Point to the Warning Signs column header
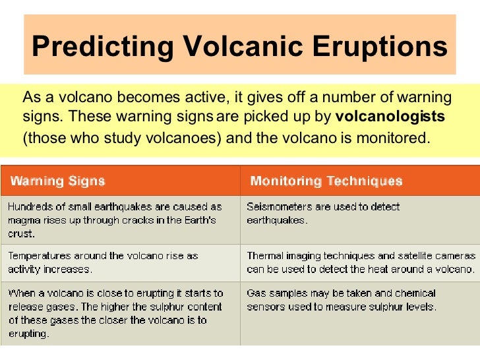(x=58, y=181)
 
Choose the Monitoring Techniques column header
(x=326, y=181)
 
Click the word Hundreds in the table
(x=30, y=207)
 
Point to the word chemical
(x=413, y=293)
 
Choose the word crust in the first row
(x=19, y=233)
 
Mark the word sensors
(x=266, y=307)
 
